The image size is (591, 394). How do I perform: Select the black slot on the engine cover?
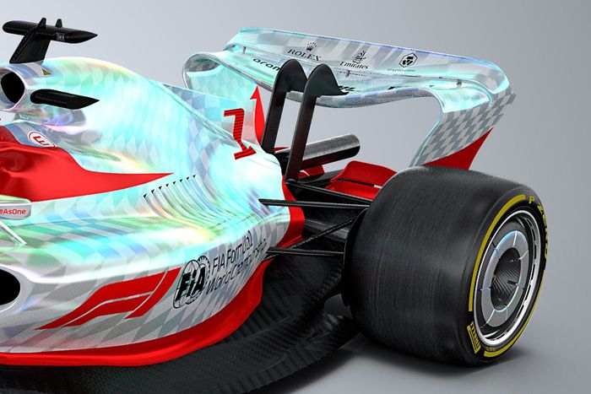[63, 98]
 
